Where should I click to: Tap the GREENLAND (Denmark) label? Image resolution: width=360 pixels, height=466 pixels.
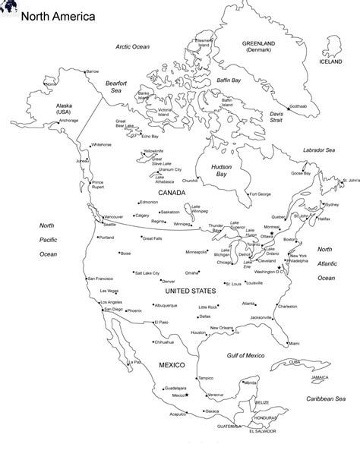point(259,48)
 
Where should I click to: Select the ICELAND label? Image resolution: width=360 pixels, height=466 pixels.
point(331,62)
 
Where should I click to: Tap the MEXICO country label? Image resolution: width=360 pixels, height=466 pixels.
point(171,365)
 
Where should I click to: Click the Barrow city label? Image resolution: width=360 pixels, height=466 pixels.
point(93,71)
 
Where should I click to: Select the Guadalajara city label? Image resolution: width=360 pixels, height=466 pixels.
point(174,388)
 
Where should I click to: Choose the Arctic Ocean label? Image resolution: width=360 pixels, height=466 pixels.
point(133,47)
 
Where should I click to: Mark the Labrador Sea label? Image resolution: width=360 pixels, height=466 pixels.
point(319,150)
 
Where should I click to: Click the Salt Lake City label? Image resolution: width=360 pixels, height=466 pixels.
point(147,272)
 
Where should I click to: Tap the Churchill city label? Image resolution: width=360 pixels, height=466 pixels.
point(190,181)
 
